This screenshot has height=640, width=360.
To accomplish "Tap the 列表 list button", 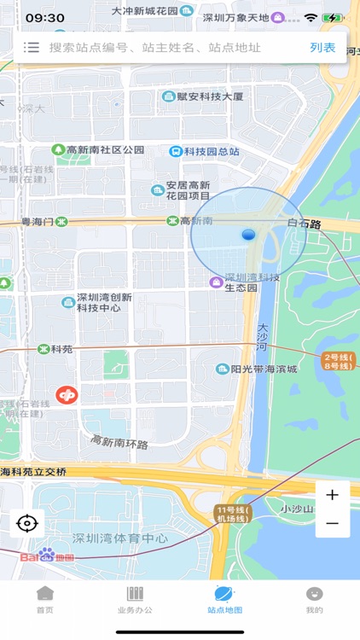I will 322,48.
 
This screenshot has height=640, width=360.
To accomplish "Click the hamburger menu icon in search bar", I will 32,48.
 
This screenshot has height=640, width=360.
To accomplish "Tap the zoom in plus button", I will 333,495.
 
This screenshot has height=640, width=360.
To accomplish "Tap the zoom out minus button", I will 333,523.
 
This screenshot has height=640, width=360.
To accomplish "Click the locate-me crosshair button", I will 27,523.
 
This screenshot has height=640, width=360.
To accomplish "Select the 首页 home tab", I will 44,600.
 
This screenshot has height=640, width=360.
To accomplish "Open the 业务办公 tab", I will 135,600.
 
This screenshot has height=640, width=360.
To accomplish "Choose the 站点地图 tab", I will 224,600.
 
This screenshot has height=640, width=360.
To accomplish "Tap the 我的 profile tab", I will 314,600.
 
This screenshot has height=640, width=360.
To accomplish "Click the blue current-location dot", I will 248,234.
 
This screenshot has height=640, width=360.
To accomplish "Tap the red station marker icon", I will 66,394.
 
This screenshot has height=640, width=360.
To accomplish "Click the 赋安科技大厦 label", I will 209,96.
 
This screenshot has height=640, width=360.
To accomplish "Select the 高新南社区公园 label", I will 105,149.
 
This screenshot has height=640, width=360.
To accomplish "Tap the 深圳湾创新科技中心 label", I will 103,302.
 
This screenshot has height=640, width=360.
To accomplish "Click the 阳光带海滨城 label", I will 264,369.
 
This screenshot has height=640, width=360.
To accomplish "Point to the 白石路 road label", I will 304,224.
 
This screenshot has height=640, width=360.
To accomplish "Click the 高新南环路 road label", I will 119,442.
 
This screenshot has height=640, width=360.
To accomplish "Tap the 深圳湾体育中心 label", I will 119,538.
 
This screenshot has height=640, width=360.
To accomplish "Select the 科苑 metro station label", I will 61,349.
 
